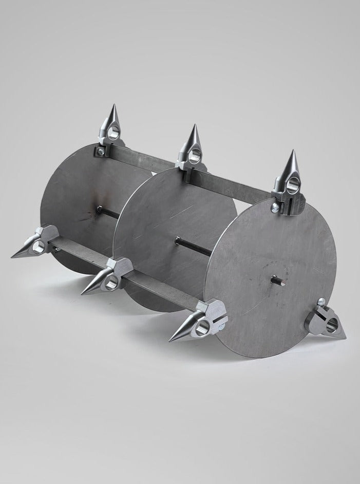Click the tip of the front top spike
292,153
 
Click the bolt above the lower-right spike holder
321,302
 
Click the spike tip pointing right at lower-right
345,338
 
